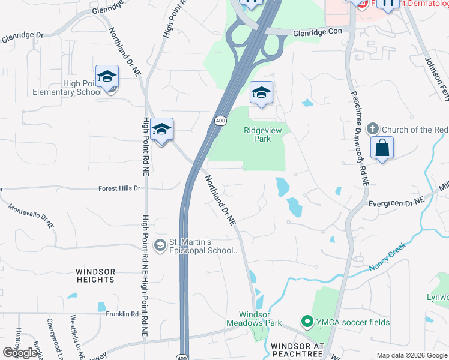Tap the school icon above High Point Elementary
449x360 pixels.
[107, 77]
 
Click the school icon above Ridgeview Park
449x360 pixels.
[261, 93]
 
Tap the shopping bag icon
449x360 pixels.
[382, 147]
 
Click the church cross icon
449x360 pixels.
[372, 129]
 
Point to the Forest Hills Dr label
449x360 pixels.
[120, 188]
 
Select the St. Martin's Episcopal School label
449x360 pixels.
[205, 247]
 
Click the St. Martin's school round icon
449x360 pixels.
[160, 244]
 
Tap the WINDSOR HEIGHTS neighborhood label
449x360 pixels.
[95, 275]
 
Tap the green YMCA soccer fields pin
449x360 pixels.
[307, 322]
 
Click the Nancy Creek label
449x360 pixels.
[388, 256]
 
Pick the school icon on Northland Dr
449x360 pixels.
[161, 130]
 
